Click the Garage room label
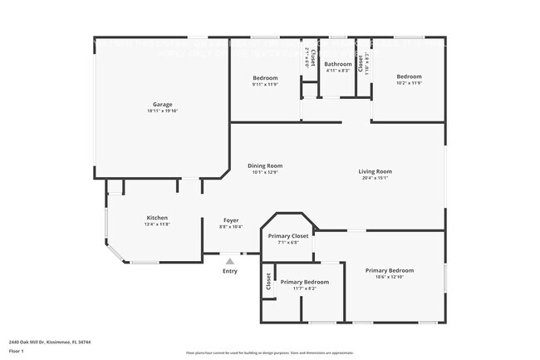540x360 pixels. click(162, 104)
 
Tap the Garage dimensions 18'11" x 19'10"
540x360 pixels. click(162, 111)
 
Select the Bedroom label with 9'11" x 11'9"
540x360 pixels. click(265, 77)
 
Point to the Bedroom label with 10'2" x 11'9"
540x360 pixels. click(409, 76)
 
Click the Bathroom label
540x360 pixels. click(337, 64)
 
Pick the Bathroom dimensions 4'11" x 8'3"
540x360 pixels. click(337, 71)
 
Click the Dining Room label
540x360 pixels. click(265, 165)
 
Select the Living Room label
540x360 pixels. click(375, 171)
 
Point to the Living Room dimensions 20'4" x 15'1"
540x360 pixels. click(375, 178)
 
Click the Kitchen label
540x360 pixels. click(158, 218)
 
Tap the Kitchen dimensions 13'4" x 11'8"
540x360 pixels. click(158, 224)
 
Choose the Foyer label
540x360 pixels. click(230, 220)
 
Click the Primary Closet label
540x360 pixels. click(288, 236)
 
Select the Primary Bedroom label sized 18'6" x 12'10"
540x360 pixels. click(390, 270)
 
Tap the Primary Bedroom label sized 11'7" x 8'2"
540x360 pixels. click(304, 282)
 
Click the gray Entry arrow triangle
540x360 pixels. click(230, 261)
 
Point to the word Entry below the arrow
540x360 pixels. click(230, 271)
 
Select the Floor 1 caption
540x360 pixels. click(17, 352)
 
